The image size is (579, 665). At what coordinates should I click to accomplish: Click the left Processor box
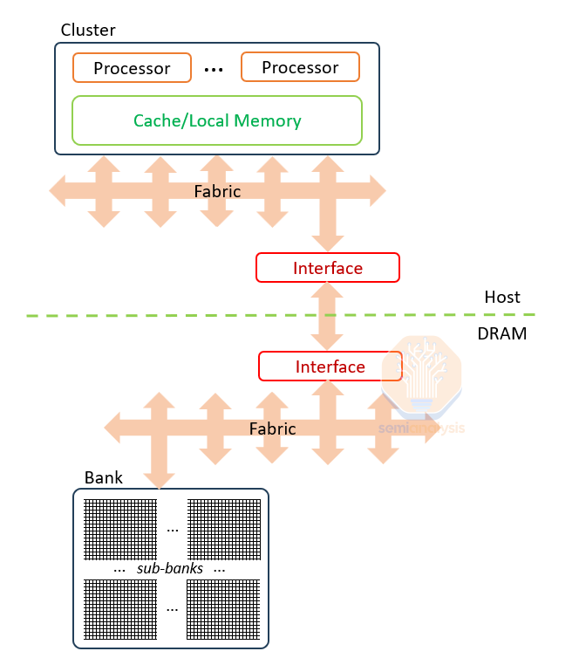[x=132, y=67]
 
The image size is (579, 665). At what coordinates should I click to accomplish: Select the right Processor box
[x=300, y=66]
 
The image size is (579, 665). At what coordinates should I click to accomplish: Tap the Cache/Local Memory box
[x=217, y=120]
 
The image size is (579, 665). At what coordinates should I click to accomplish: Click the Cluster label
[x=88, y=31]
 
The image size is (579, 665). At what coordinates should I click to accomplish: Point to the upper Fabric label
[x=217, y=191]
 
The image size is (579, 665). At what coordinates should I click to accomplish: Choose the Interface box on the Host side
[x=328, y=268]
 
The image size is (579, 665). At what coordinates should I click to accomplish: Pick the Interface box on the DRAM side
[x=330, y=367]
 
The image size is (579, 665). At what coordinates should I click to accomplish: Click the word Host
[x=502, y=298]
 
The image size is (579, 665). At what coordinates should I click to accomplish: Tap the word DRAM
[x=502, y=333]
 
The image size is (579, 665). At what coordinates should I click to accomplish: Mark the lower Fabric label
[x=272, y=429]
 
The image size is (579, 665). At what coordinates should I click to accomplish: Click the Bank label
[x=104, y=478]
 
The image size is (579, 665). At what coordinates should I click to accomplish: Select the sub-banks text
[x=170, y=569]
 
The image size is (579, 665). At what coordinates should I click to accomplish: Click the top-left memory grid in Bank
[x=119, y=529]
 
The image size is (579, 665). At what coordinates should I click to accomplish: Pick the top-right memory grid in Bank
[x=223, y=529]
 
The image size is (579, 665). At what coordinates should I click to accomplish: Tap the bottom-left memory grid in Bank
[x=119, y=609]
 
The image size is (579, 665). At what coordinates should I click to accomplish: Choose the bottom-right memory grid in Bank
[x=223, y=609]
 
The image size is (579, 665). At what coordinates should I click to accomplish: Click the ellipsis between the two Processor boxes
[x=215, y=68]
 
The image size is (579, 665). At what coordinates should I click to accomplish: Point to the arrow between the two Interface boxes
[x=329, y=317]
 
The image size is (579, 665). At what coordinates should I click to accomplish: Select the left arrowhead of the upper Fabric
[x=58, y=190]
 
